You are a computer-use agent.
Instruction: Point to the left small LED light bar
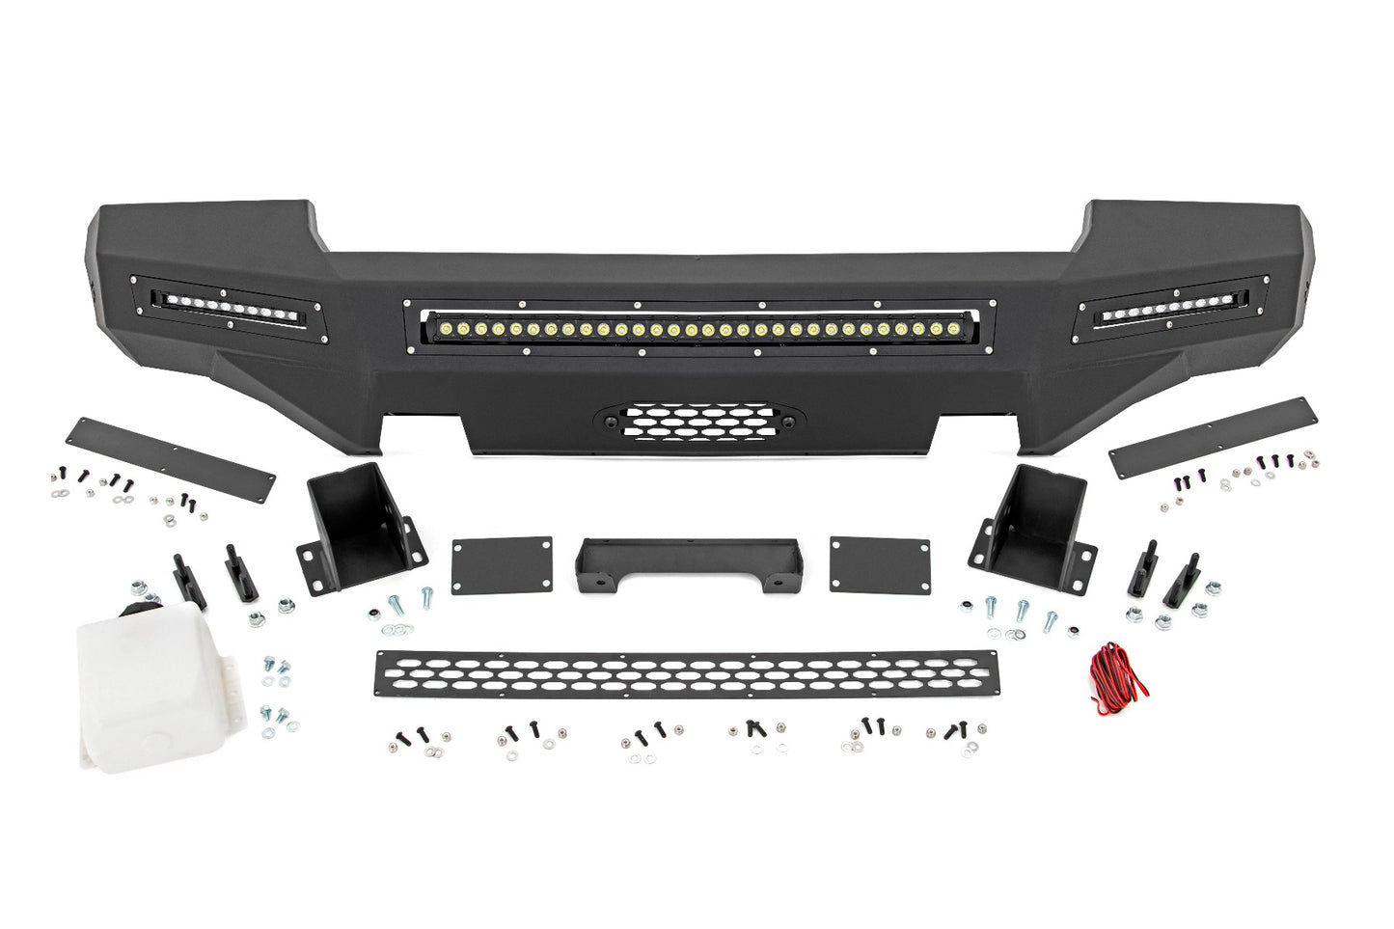point(232,312)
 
